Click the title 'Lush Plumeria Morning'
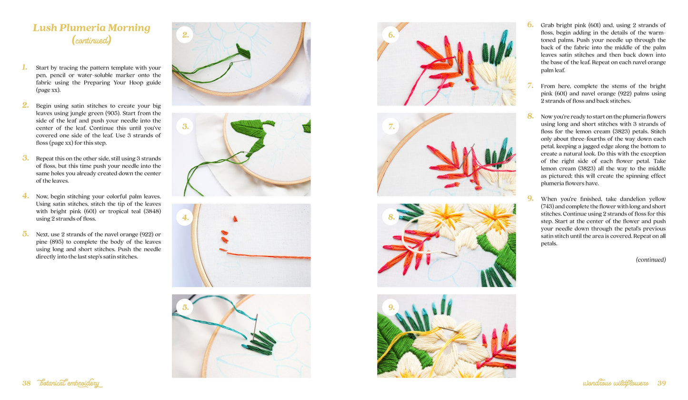click(x=91, y=28)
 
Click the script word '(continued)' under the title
click(x=91, y=40)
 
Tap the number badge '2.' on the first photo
click(x=185, y=35)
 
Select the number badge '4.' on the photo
click(x=185, y=217)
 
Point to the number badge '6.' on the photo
click(x=391, y=35)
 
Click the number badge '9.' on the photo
click(x=391, y=307)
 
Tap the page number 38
click(x=26, y=383)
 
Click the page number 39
click(x=662, y=383)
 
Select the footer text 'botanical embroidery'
click(x=70, y=383)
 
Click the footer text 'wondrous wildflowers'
click(x=616, y=383)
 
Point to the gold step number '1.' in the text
click(x=25, y=67)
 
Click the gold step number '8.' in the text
click(x=530, y=116)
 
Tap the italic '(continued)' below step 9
click(x=650, y=259)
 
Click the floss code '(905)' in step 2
click(x=113, y=113)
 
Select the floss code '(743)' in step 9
click(x=548, y=206)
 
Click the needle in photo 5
click(x=255, y=327)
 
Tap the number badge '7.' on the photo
click(x=391, y=126)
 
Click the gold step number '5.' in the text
click(x=25, y=234)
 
